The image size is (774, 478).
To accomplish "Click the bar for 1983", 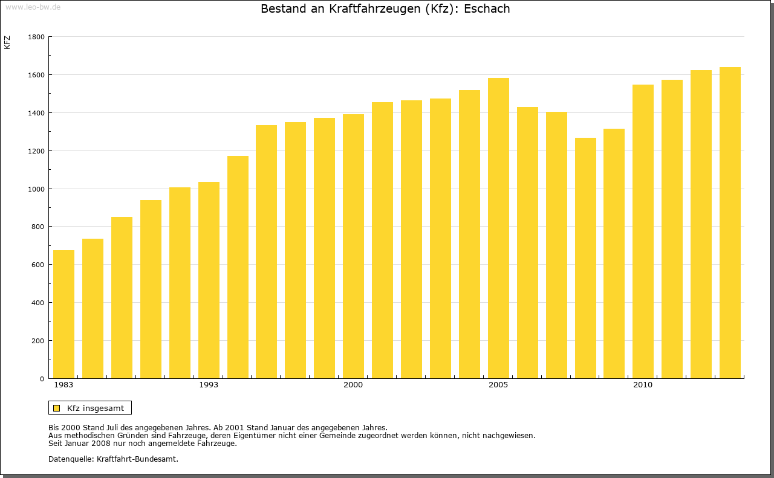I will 63,314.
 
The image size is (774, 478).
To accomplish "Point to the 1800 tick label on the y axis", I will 36,37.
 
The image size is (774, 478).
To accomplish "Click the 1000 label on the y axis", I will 36,189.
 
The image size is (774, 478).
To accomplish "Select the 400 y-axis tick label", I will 38,303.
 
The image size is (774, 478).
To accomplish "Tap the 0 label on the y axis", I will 42,379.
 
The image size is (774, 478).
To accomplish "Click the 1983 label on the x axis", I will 63,385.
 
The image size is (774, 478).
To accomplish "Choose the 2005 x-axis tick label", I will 498,385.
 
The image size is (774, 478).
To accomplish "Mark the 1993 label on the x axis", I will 209,385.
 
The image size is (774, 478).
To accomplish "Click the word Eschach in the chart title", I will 487,9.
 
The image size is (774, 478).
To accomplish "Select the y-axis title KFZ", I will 7,42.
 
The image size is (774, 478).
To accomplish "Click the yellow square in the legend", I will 56,408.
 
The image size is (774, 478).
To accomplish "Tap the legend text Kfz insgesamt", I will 96,408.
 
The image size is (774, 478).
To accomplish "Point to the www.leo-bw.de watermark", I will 33,6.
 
